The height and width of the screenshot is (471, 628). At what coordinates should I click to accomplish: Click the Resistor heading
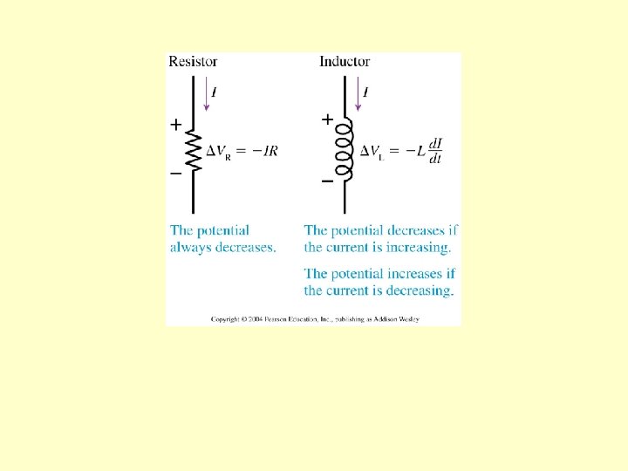pos(193,61)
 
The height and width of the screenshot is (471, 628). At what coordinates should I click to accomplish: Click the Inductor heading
pos(345,61)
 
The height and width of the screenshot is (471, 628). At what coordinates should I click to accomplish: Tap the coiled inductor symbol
pos(345,150)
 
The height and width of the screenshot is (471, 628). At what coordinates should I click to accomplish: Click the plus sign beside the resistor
pos(175,125)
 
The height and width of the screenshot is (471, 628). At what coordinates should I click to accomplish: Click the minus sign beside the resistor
pos(175,174)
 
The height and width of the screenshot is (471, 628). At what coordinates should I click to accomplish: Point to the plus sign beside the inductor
pos(327,118)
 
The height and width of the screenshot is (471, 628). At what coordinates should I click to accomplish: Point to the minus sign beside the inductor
pos(327,181)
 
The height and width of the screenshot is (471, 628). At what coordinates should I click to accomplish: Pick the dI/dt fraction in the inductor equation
pos(435,150)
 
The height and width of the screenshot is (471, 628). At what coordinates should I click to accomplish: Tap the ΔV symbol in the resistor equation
pos(218,150)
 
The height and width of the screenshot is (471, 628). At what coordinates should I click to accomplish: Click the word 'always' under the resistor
pos(193,248)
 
